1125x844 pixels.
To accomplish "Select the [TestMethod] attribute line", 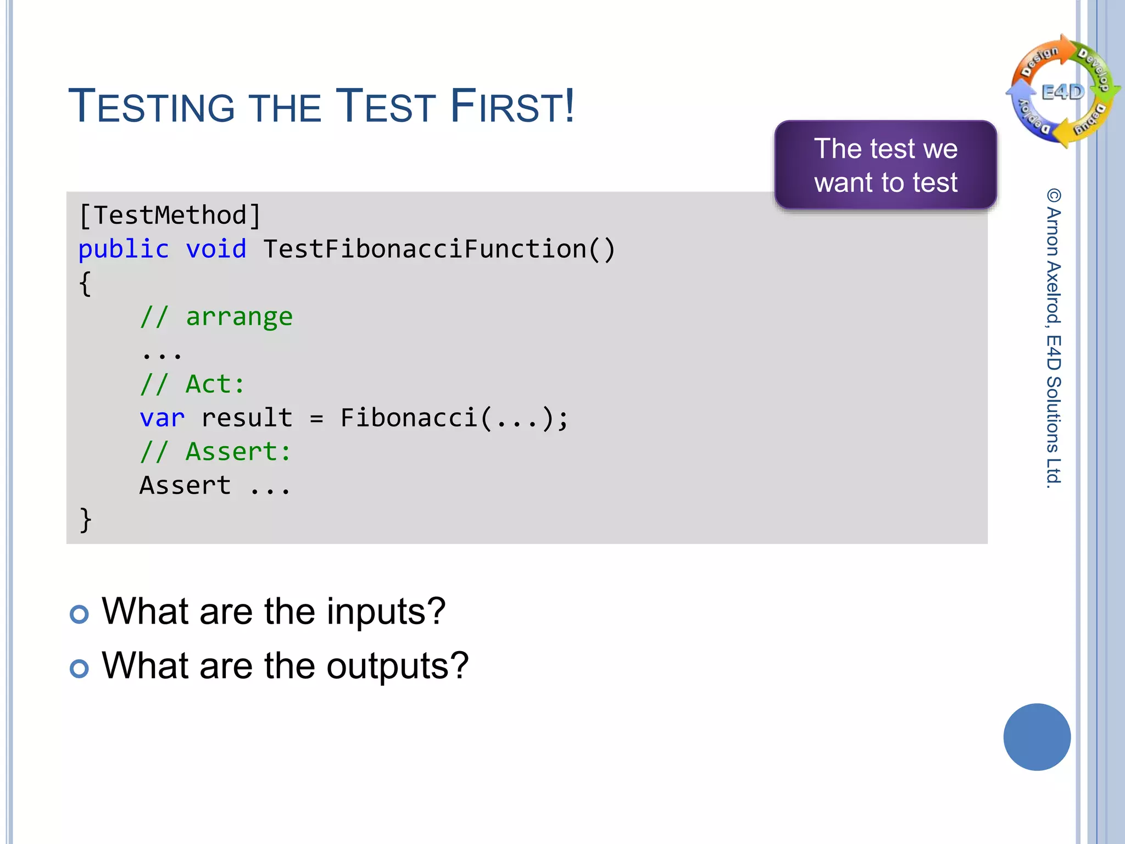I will click(170, 215).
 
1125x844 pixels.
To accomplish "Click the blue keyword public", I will click(124, 249).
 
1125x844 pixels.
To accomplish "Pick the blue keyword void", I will click(216, 249).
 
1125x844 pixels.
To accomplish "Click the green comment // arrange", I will click(216, 316).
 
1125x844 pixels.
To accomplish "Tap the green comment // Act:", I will click(192, 384).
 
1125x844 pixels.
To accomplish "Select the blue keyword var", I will click(162, 418).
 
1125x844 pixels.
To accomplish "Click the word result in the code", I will click(247, 418).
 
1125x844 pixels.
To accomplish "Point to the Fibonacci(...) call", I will click(448, 418).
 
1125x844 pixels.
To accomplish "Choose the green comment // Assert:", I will click(215, 452).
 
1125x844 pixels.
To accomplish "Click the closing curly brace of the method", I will click(85, 520).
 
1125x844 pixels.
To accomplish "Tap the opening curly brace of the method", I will click(85, 284).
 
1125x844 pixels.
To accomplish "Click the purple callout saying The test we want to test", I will click(885, 165).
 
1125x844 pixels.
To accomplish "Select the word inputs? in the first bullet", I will click(386, 611).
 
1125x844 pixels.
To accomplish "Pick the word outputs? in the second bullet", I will click(398, 665).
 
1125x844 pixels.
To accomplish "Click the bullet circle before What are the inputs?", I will click(79, 614).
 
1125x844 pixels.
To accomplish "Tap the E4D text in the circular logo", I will click(1063, 92).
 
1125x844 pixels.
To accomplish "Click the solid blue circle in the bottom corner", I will click(1037, 737).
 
